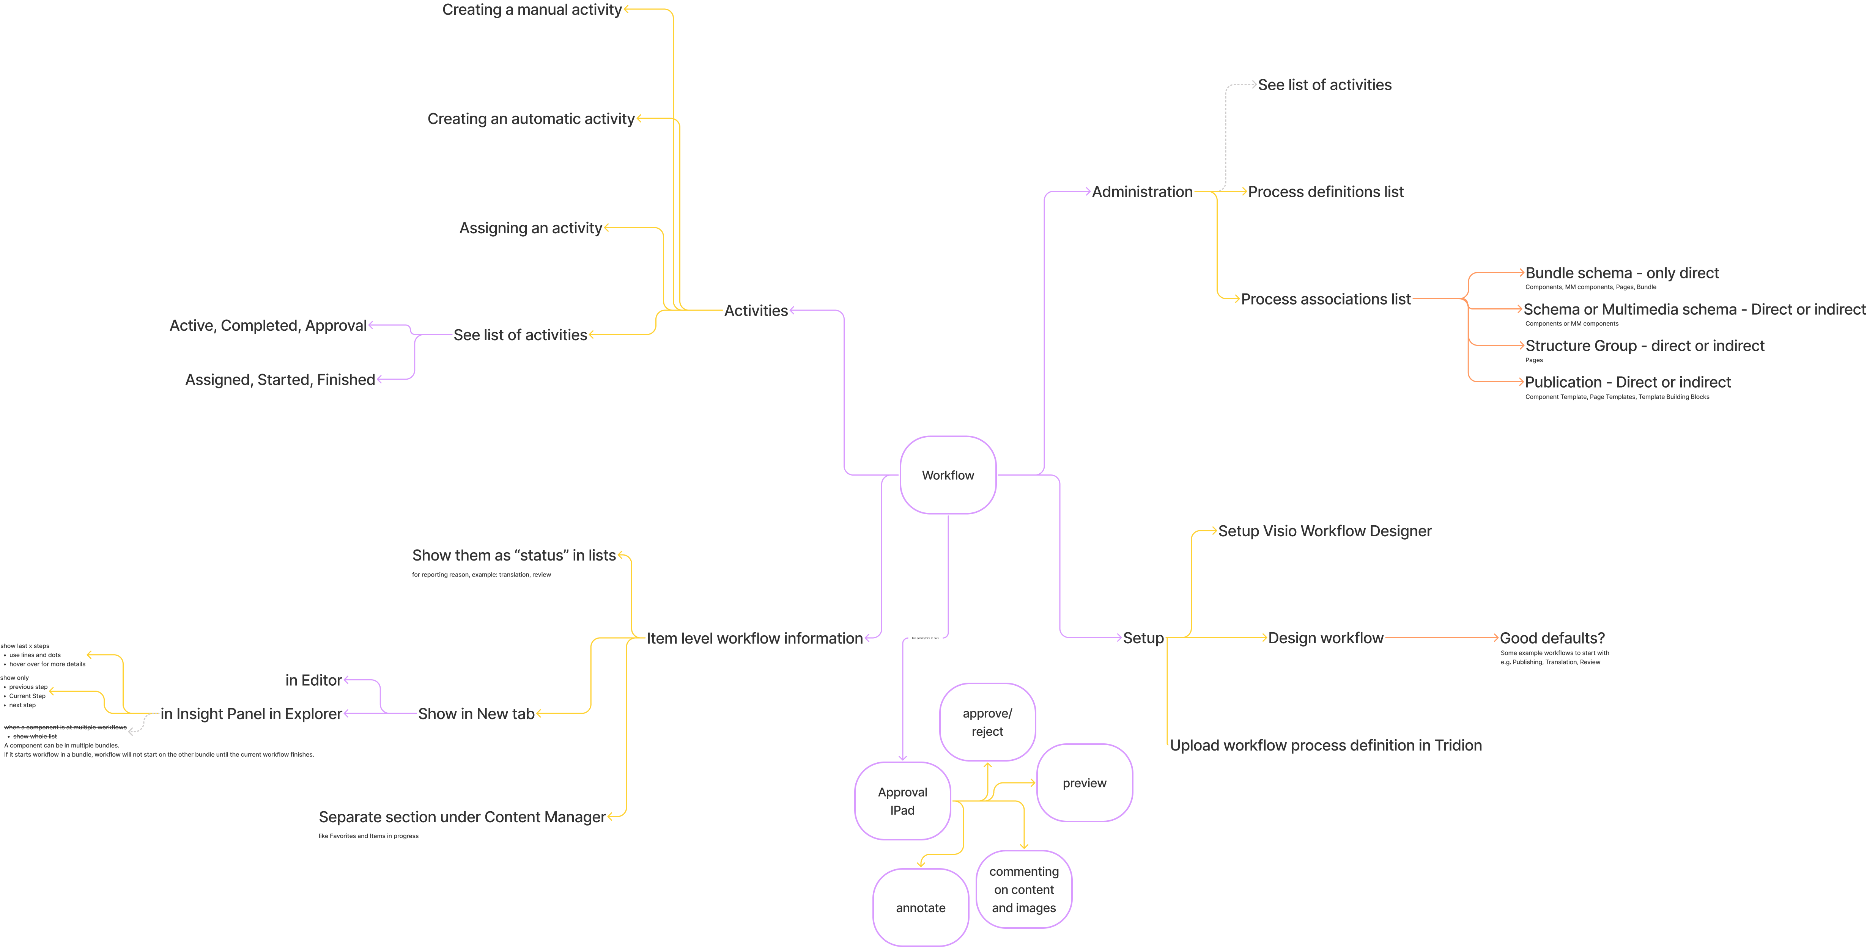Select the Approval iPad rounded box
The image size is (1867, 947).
click(x=902, y=801)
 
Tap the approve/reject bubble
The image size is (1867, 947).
click(x=987, y=722)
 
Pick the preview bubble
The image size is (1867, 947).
click(x=1084, y=782)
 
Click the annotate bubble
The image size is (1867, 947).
click(x=921, y=907)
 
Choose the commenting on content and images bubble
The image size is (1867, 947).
click(x=1023, y=889)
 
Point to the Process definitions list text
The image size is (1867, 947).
click(x=1325, y=192)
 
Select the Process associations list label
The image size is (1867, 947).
click(x=1325, y=299)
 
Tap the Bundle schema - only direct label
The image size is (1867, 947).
click(x=1621, y=273)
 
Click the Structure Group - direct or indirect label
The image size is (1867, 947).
click(x=1645, y=346)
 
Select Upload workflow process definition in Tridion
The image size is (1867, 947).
click(x=1325, y=746)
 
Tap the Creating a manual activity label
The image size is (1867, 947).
click(x=531, y=9)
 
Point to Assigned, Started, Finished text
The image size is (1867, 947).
click(x=280, y=380)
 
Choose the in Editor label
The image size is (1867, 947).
click(x=313, y=680)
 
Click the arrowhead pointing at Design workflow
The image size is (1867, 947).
click(x=1263, y=638)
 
